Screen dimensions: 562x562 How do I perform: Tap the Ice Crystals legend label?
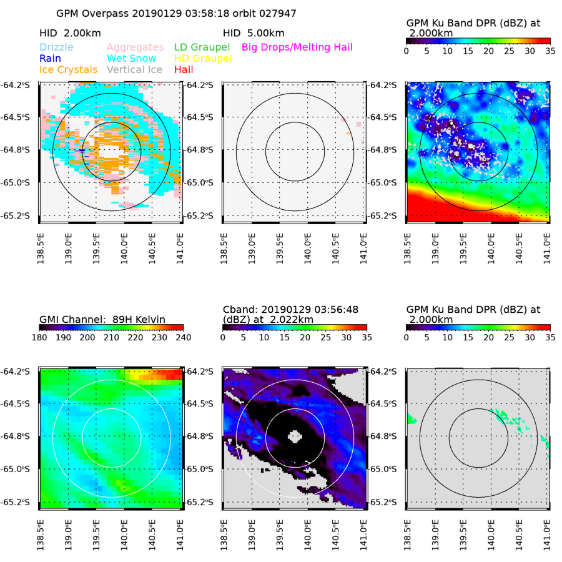(68, 69)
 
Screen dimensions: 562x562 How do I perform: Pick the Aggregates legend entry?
(135, 47)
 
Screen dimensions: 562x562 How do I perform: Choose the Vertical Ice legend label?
(134, 69)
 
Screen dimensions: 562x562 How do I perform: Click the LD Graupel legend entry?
(202, 47)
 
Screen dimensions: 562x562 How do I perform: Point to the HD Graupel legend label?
(202, 58)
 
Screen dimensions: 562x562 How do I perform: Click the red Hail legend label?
(184, 69)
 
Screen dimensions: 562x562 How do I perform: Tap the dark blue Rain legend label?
(51, 58)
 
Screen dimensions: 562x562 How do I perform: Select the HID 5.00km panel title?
(254, 33)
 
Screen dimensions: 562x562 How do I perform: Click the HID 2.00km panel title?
(70, 33)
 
